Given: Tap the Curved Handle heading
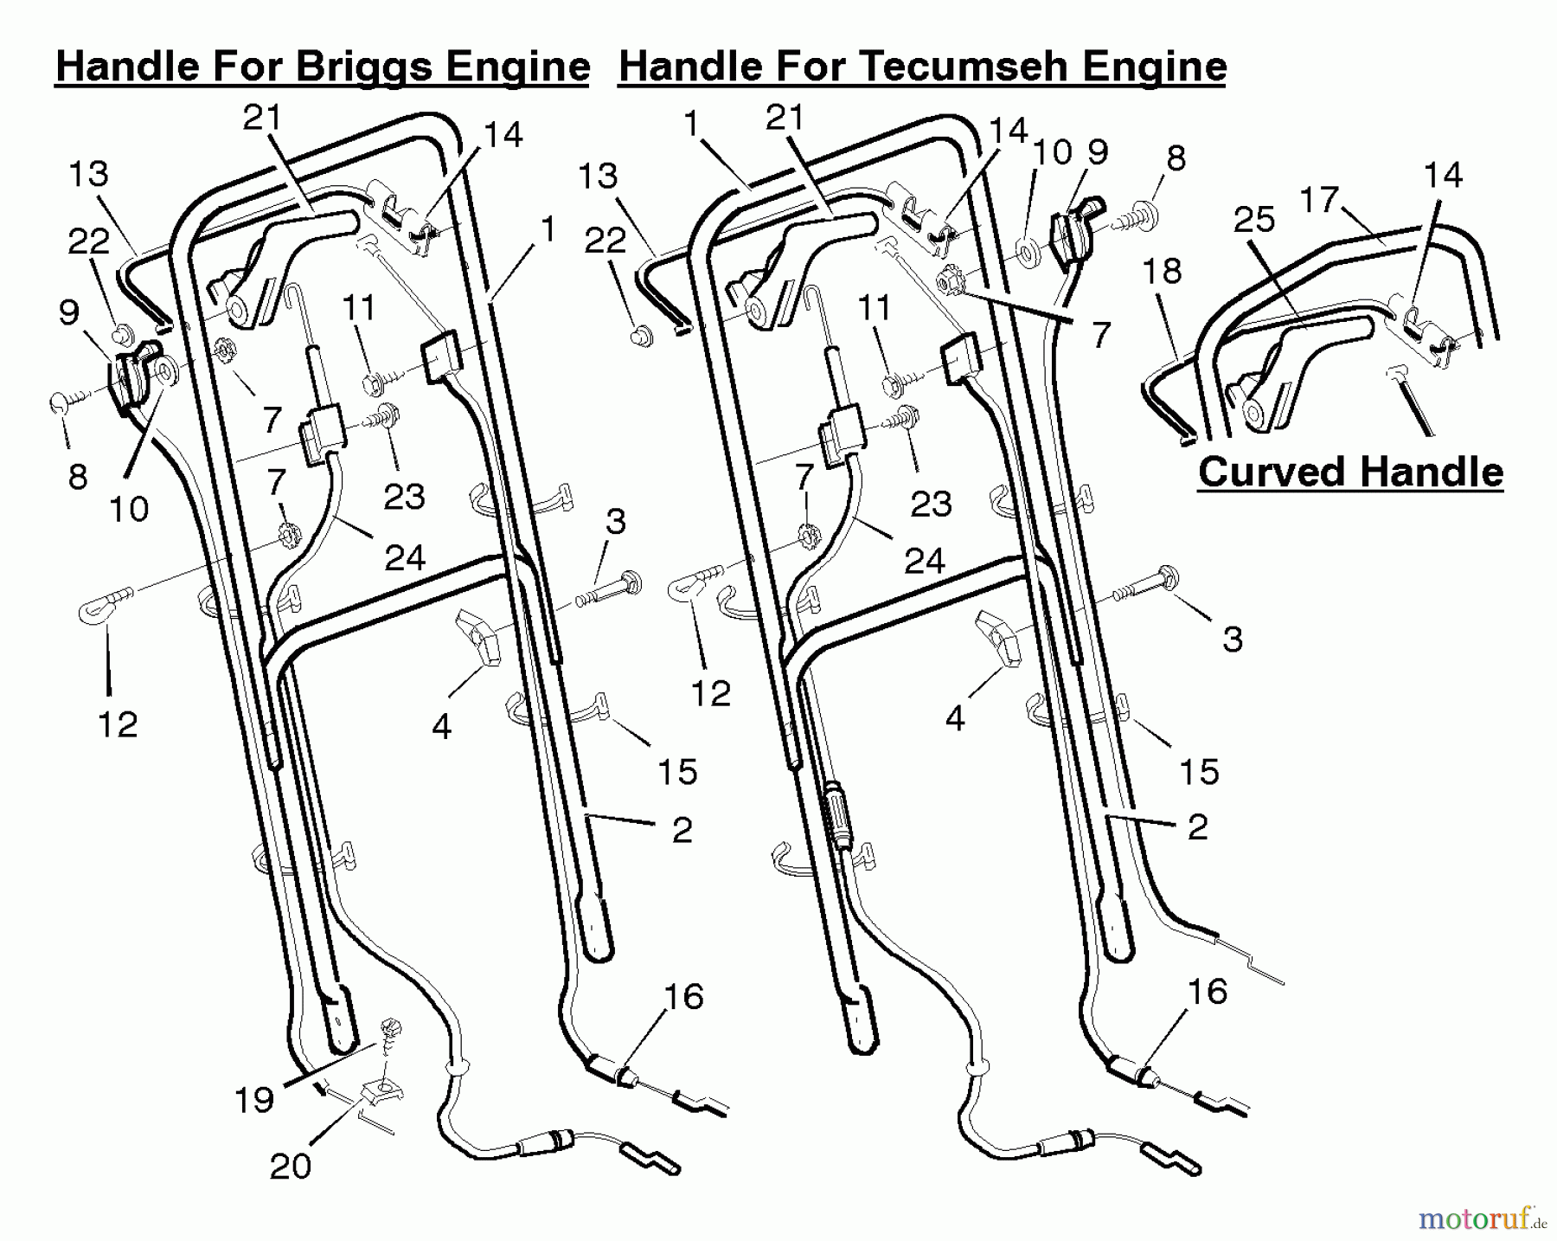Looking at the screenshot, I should coord(1350,473).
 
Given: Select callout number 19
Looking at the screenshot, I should coord(254,1100).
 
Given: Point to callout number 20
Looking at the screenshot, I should coord(290,1166).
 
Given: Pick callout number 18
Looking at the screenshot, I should coord(1162,271).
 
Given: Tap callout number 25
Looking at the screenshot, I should coord(1254,220).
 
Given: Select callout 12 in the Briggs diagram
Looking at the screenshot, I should coord(118,723).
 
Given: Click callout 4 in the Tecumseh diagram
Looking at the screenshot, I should coord(955,719).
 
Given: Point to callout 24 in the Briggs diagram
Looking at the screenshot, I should coord(404,558).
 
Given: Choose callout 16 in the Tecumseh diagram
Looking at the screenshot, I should coord(1208,992).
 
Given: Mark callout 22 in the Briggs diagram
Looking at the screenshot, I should coord(88,241).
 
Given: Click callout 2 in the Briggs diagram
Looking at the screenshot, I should coord(682,830).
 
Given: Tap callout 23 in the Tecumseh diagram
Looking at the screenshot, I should coord(931,503).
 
